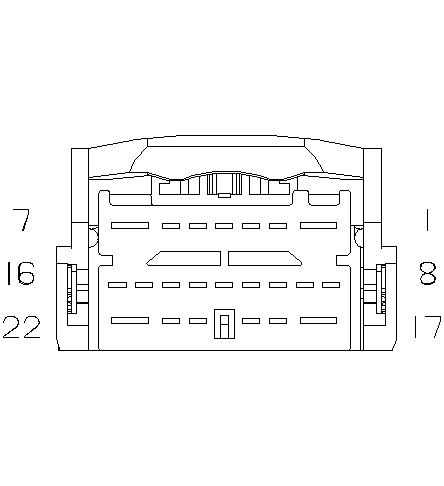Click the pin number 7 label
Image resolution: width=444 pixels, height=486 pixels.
coord(22,219)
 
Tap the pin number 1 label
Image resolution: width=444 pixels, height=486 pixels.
coord(427,219)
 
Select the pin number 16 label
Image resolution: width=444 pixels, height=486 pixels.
coord(21,273)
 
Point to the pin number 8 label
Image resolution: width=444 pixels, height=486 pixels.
coord(427,273)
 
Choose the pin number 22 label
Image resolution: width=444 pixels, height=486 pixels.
coord(22,327)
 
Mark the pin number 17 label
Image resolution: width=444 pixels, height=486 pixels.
coord(428,327)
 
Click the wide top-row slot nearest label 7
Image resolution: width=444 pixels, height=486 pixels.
coord(130,226)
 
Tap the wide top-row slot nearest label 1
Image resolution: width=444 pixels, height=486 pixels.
coord(318,226)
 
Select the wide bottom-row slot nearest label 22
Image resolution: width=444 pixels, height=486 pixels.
coord(130,321)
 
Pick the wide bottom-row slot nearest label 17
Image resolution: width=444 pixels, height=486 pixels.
coord(318,321)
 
